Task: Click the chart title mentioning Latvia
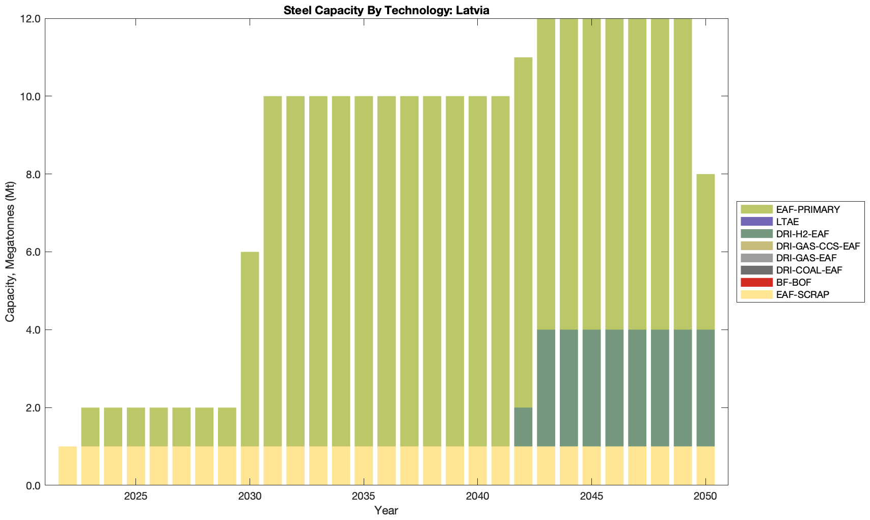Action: pyautogui.click(x=386, y=10)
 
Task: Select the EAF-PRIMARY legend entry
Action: pyautogui.click(x=808, y=209)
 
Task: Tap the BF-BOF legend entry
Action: pyautogui.click(x=794, y=282)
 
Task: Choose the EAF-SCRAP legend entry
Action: pyautogui.click(x=803, y=294)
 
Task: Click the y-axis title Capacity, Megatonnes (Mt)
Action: pyautogui.click(x=10, y=252)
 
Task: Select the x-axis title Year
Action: pyautogui.click(x=386, y=510)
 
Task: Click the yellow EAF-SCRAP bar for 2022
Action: pyautogui.click(x=68, y=466)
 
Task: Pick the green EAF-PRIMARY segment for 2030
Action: pyautogui.click(x=250, y=349)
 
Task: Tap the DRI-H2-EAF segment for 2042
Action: pyautogui.click(x=523, y=427)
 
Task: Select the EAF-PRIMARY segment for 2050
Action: pyautogui.click(x=705, y=252)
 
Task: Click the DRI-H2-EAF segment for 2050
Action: pyautogui.click(x=705, y=388)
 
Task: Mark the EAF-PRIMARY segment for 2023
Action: pyautogui.click(x=90, y=427)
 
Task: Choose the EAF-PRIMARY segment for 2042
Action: pyautogui.click(x=523, y=232)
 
